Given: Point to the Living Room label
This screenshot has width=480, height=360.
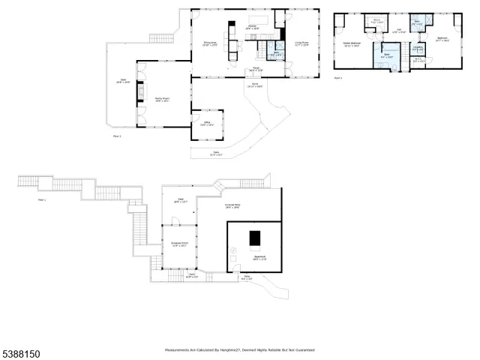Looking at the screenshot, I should click(x=301, y=43).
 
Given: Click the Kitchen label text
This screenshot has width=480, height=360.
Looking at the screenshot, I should click(x=253, y=28).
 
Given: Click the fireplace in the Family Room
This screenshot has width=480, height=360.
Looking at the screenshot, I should click(x=139, y=91).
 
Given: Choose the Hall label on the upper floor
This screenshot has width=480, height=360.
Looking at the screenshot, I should click(x=398, y=31).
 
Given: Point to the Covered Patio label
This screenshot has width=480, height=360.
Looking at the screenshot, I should click(x=232, y=205).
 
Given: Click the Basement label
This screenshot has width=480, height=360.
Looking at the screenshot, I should click(x=259, y=259).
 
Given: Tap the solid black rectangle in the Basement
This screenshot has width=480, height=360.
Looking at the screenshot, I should click(x=256, y=238).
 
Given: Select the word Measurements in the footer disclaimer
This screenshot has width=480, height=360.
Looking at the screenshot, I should click(x=181, y=350).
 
